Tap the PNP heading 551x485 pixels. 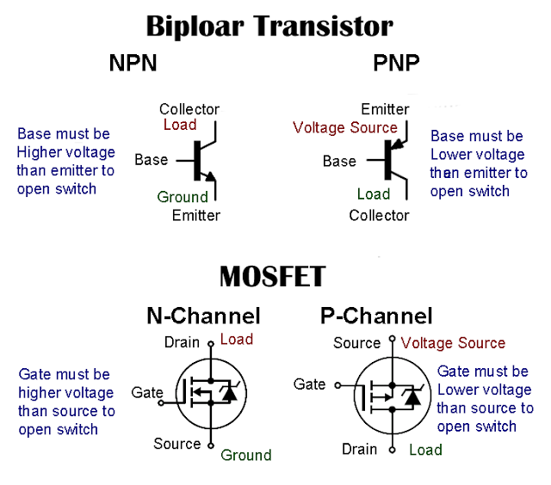pyautogui.click(x=396, y=64)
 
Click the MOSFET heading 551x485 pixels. pyautogui.click(x=273, y=276)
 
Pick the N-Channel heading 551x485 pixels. pyautogui.click(x=202, y=316)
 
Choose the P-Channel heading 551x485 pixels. pyautogui.click(x=376, y=316)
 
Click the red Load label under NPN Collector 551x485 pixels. pyautogui.click(x=180, y=125)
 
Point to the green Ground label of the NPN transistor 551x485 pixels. pyautogui.click(x=183, y=197)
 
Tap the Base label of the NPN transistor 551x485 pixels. pyautogui.click(x=151, y=160)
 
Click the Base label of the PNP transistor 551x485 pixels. pyautogui.click(x=339, y=161)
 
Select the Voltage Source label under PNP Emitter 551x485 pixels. pyautogui.click(x=345, y=127)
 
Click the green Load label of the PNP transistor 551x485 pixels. pyautogui.click(x=374, y=194)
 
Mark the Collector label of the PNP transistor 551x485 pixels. pyautogui.click(x=379, y=215)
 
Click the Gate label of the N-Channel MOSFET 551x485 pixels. pyautogui.click(x=147, y=393)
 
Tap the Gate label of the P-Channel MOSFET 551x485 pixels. pyautogui.click(x=310, y=384)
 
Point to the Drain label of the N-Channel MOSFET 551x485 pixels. pyautogui.click(x=182, y=342)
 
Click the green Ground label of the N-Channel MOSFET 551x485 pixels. pyautogui.click(x=246, y=455)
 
